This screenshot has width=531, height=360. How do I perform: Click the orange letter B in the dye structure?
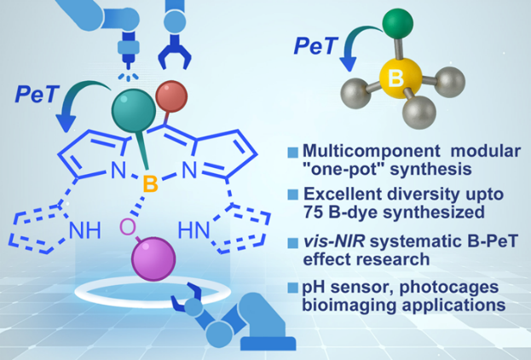point(147,181)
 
